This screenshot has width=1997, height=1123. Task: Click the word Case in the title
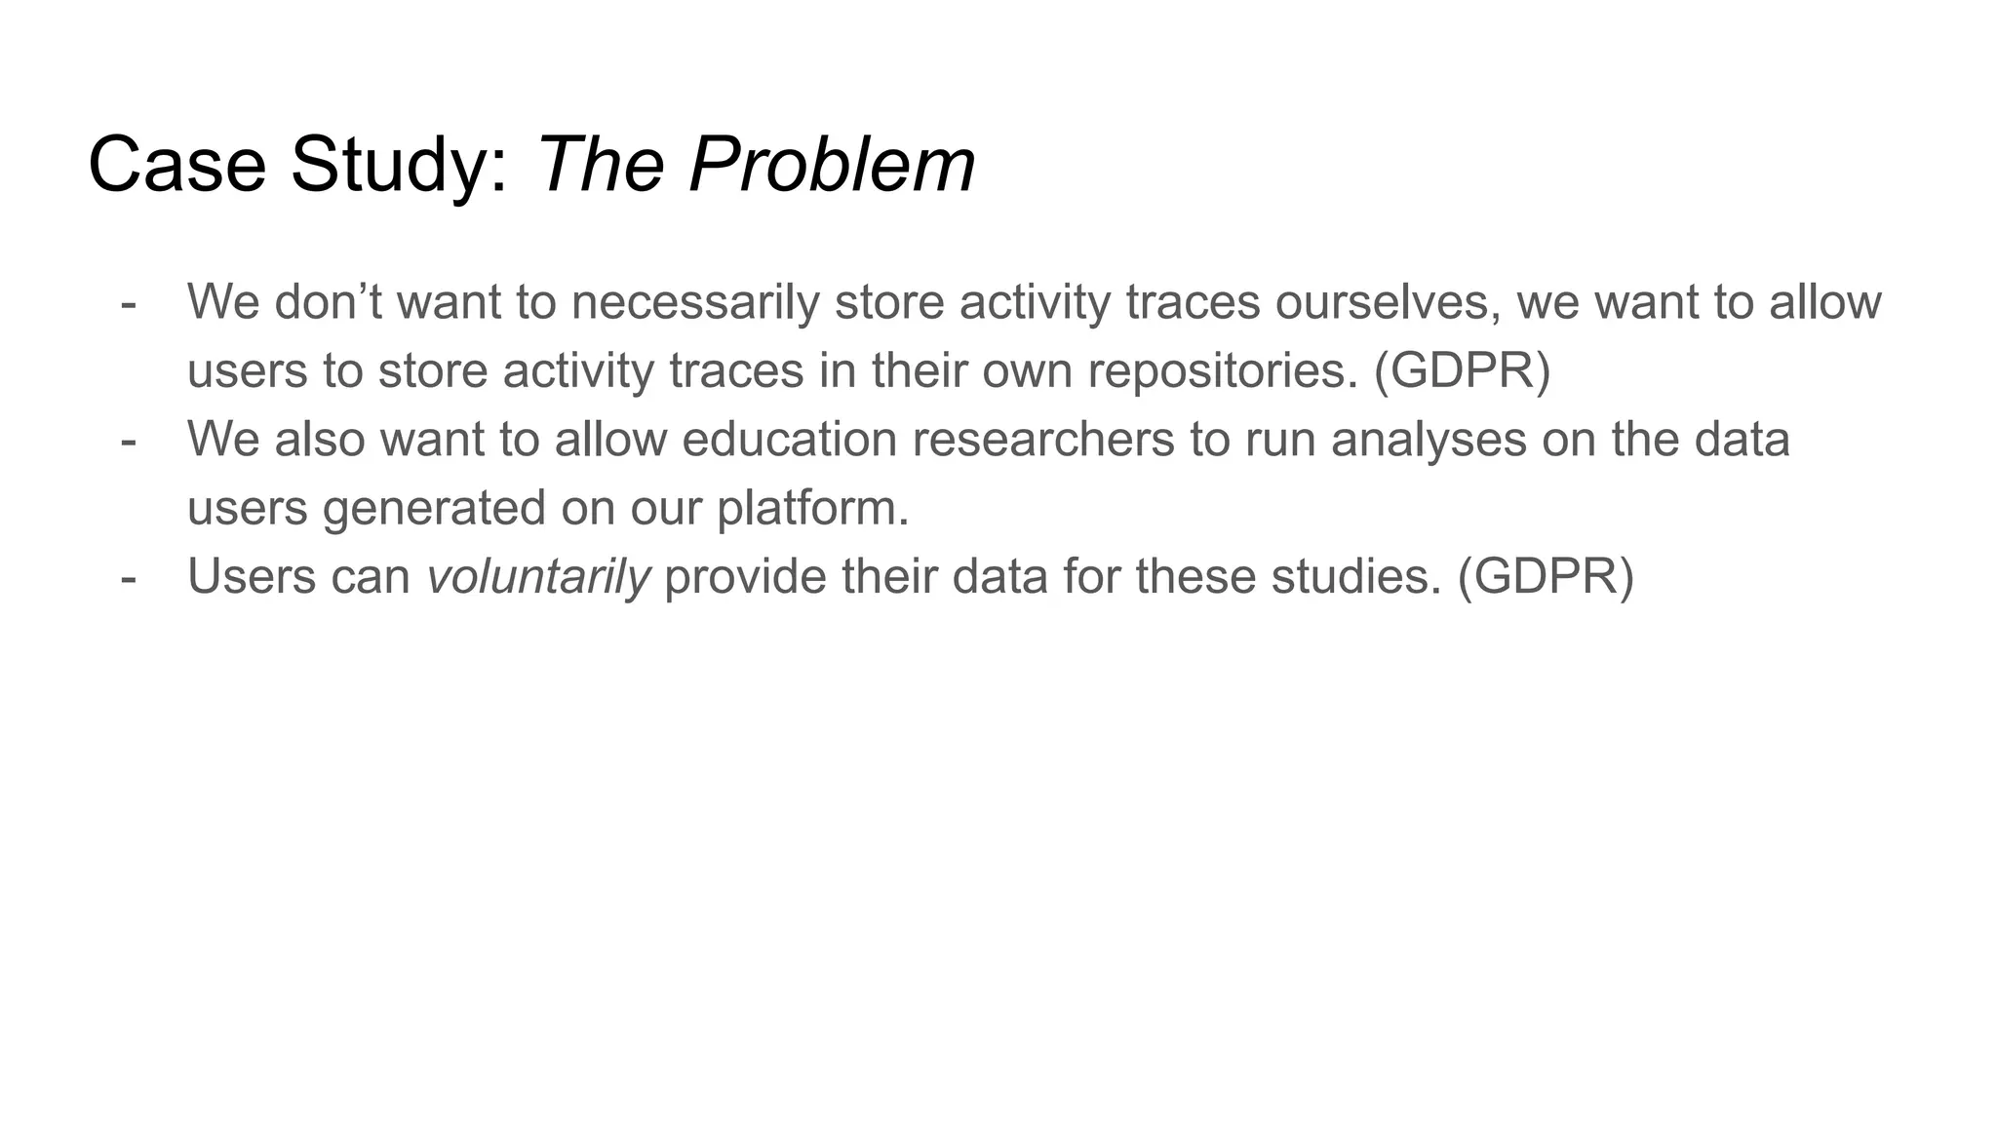pos(176,165)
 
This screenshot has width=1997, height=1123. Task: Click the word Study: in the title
pos(400,165)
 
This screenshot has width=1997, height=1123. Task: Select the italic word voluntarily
pos(538,577)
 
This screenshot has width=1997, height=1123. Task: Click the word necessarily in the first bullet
pos(695,302)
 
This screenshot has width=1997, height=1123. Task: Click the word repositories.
pos(1223,370)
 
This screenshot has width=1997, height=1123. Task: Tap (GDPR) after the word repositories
pos(1462,370)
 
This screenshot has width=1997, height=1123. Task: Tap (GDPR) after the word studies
pos(1546,577)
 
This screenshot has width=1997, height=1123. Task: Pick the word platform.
pos(812,509)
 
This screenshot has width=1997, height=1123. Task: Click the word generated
pos(434,509)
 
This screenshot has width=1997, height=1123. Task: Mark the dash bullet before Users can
pos(129,577)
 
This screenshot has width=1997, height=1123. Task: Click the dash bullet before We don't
pos(129,302)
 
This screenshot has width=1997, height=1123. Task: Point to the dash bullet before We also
pos(129,440)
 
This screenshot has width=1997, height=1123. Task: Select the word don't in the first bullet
pos(328,302)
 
